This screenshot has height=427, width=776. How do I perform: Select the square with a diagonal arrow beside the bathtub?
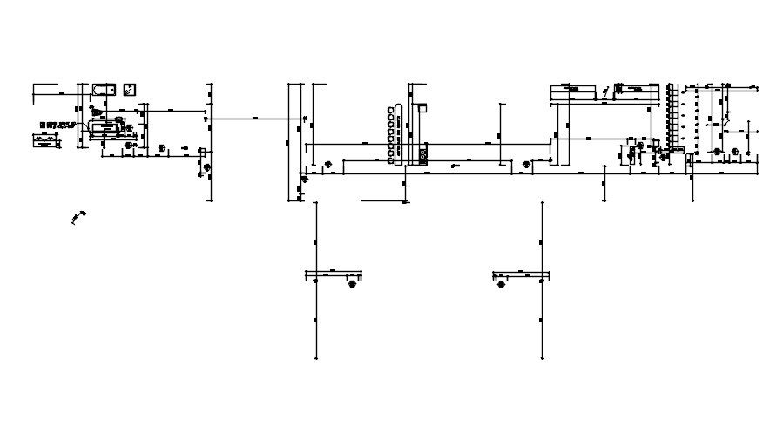click(130, 89)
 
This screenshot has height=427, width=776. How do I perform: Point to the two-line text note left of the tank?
click(55, 124)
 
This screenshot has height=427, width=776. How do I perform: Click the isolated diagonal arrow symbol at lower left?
click(78, 216)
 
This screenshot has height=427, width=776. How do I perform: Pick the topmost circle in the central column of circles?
click(388, 111)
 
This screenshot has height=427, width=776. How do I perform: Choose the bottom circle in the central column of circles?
click(388, 158)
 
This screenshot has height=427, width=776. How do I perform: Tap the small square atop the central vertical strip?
click(422, 109)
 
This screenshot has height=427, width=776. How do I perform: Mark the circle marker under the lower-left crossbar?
click(352, 283)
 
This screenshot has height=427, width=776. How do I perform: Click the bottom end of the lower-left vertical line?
click(316, 358)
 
